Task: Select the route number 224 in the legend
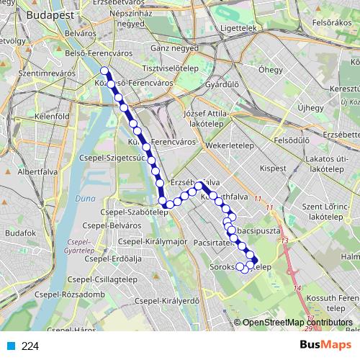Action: pos(30,346)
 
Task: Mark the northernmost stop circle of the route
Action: pos(104,71)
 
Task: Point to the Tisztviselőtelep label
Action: pos(171,68)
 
